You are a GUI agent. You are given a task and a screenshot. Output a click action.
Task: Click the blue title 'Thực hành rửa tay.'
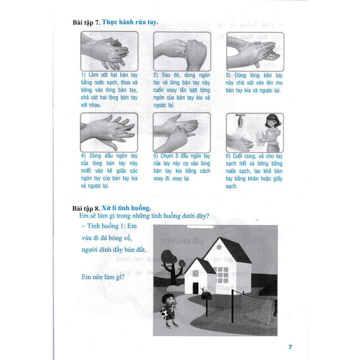(x=130, y=22)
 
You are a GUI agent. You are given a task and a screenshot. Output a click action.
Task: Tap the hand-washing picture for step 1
(x=109, y=51)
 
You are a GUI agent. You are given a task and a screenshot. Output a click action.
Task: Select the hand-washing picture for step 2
(x=182, y=51)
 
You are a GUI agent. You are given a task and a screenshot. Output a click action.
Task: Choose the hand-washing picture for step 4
(x=109, y=132)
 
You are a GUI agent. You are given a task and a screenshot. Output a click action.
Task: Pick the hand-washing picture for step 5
(x=182, y=132)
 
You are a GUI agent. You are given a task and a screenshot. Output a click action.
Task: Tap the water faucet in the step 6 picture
(x=240, y=120)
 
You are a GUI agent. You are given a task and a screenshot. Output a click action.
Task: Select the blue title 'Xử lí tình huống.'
(x=126, y=208)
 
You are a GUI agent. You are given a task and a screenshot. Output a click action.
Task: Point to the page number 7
(x=290, y=347)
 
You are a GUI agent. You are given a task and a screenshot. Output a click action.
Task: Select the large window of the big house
(x=223, y=275)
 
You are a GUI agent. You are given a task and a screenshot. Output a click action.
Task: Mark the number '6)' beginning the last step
(x=229, y=156)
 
